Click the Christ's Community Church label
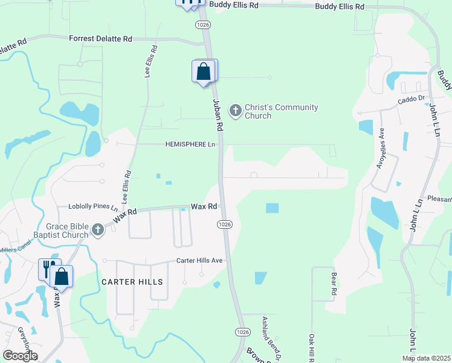coord(281,111)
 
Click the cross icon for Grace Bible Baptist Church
coord(98,229)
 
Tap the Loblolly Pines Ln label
coord(92,206)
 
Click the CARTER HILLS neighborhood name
coord(132,282)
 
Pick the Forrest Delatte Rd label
coord(100,39)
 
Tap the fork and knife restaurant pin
coord(48,269)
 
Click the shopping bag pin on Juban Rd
coord(204,72)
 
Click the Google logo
coord(20,355)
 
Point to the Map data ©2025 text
coord(427,358)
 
